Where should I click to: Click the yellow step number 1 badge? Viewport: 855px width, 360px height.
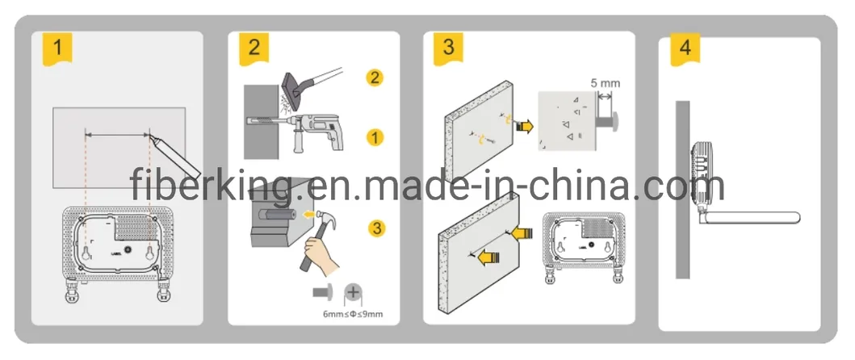pos(57,46)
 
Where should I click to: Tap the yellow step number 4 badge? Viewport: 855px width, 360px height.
pos(685,46)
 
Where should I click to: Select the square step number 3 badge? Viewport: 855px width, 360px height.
pos(448,46)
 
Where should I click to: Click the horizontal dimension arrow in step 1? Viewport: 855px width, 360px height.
pos(117,134)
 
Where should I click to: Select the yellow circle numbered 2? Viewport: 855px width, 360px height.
pos(375,78)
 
